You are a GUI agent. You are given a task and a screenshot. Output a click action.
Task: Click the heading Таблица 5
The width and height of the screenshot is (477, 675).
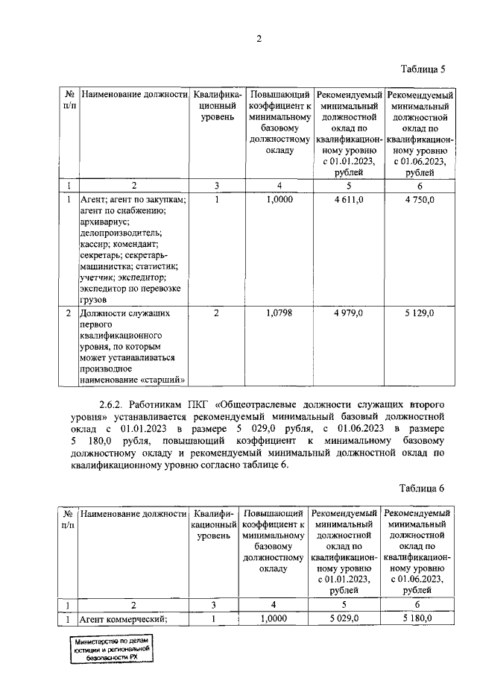(x=423, y=70)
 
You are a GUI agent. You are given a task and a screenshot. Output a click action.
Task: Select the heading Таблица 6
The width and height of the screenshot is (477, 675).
(x=422, y=488)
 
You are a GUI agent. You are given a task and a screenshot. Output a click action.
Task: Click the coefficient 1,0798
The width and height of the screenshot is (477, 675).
(x=279, y=313)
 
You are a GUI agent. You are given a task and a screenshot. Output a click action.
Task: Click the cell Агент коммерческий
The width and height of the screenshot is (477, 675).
(x=123, y=618)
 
